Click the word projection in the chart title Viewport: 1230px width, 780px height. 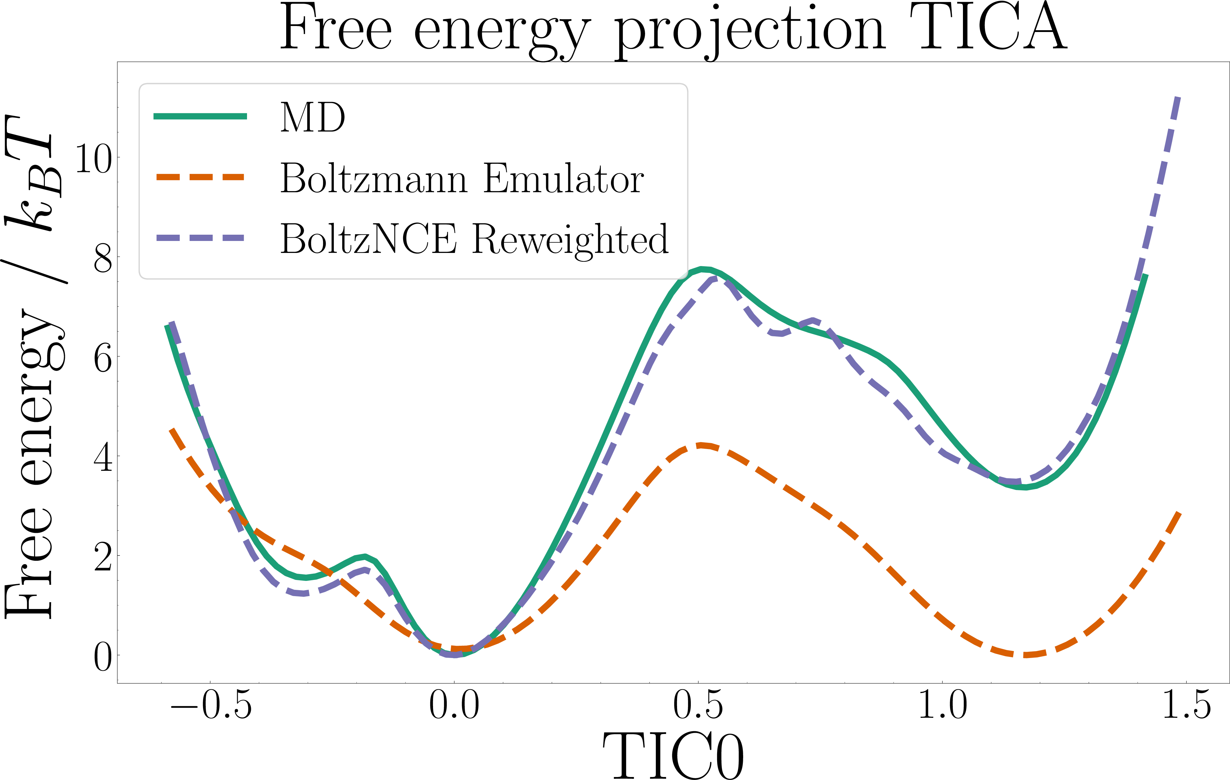(x=749, y=32)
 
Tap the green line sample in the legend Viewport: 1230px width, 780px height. (x=200, y=117)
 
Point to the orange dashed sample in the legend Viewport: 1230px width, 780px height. (x=200, y=177)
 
